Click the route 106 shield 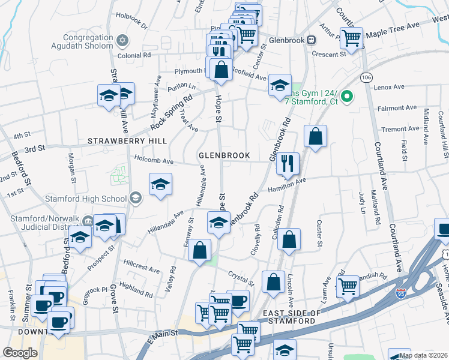[366, 78]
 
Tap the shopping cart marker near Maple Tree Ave [351, 38]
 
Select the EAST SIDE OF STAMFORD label [289, 317]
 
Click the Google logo [20, 353]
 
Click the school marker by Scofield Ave [280, 86]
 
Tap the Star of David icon [122, 40]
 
